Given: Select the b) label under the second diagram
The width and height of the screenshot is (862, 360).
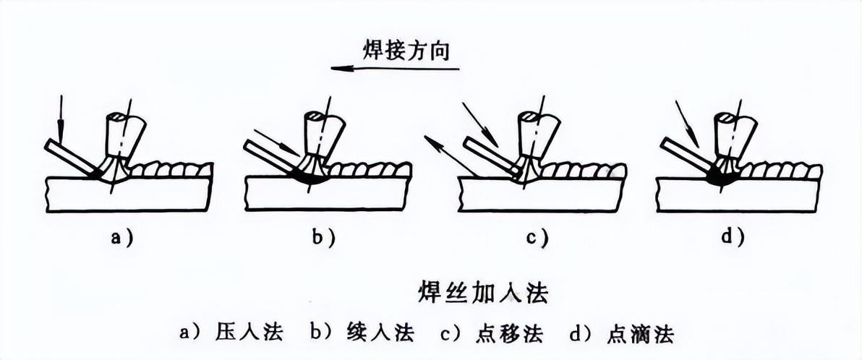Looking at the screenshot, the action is click(323, 236).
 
